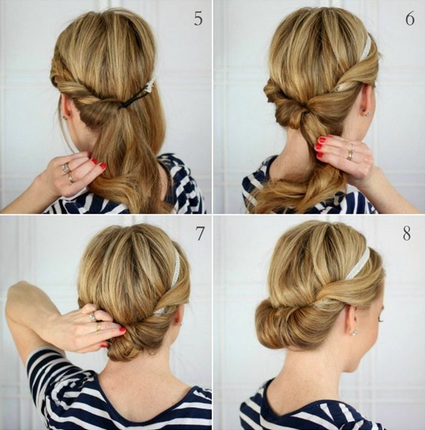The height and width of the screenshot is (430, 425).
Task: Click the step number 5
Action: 198,18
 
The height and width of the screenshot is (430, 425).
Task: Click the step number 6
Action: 410,18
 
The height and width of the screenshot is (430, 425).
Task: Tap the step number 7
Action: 199,234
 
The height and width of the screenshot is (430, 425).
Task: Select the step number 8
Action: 407,234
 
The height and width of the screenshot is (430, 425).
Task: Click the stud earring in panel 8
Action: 354,333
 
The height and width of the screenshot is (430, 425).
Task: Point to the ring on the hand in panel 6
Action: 350,154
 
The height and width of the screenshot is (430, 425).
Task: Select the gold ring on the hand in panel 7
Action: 98,327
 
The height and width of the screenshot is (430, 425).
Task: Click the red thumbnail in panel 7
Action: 122,329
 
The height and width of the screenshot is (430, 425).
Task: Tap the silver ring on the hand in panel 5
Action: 67,167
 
